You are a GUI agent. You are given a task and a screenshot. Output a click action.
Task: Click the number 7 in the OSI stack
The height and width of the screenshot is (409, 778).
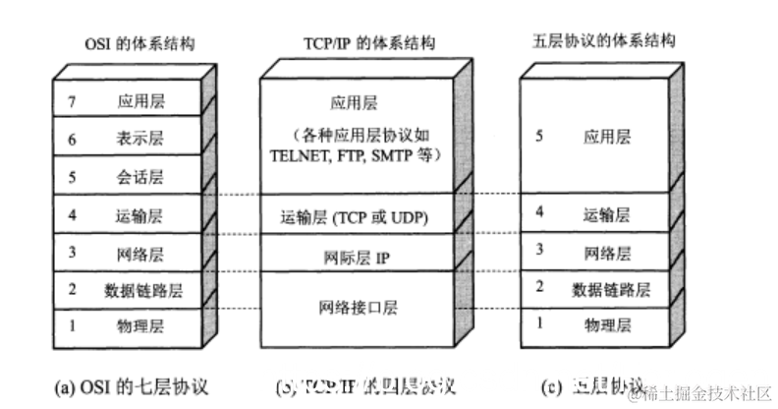70,100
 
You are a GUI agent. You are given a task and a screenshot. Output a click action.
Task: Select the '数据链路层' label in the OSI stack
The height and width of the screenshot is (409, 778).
143,290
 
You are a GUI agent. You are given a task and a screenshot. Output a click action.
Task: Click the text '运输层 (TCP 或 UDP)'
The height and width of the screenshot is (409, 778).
356,216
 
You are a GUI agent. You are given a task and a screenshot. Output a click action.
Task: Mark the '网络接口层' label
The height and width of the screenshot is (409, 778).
356,307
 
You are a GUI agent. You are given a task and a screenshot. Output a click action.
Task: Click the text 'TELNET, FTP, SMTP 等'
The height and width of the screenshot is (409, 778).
356,155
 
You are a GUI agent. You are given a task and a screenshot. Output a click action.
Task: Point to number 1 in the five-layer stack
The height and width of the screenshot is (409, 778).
537,322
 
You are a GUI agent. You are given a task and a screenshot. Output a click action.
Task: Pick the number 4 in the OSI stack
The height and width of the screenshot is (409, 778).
70,214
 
